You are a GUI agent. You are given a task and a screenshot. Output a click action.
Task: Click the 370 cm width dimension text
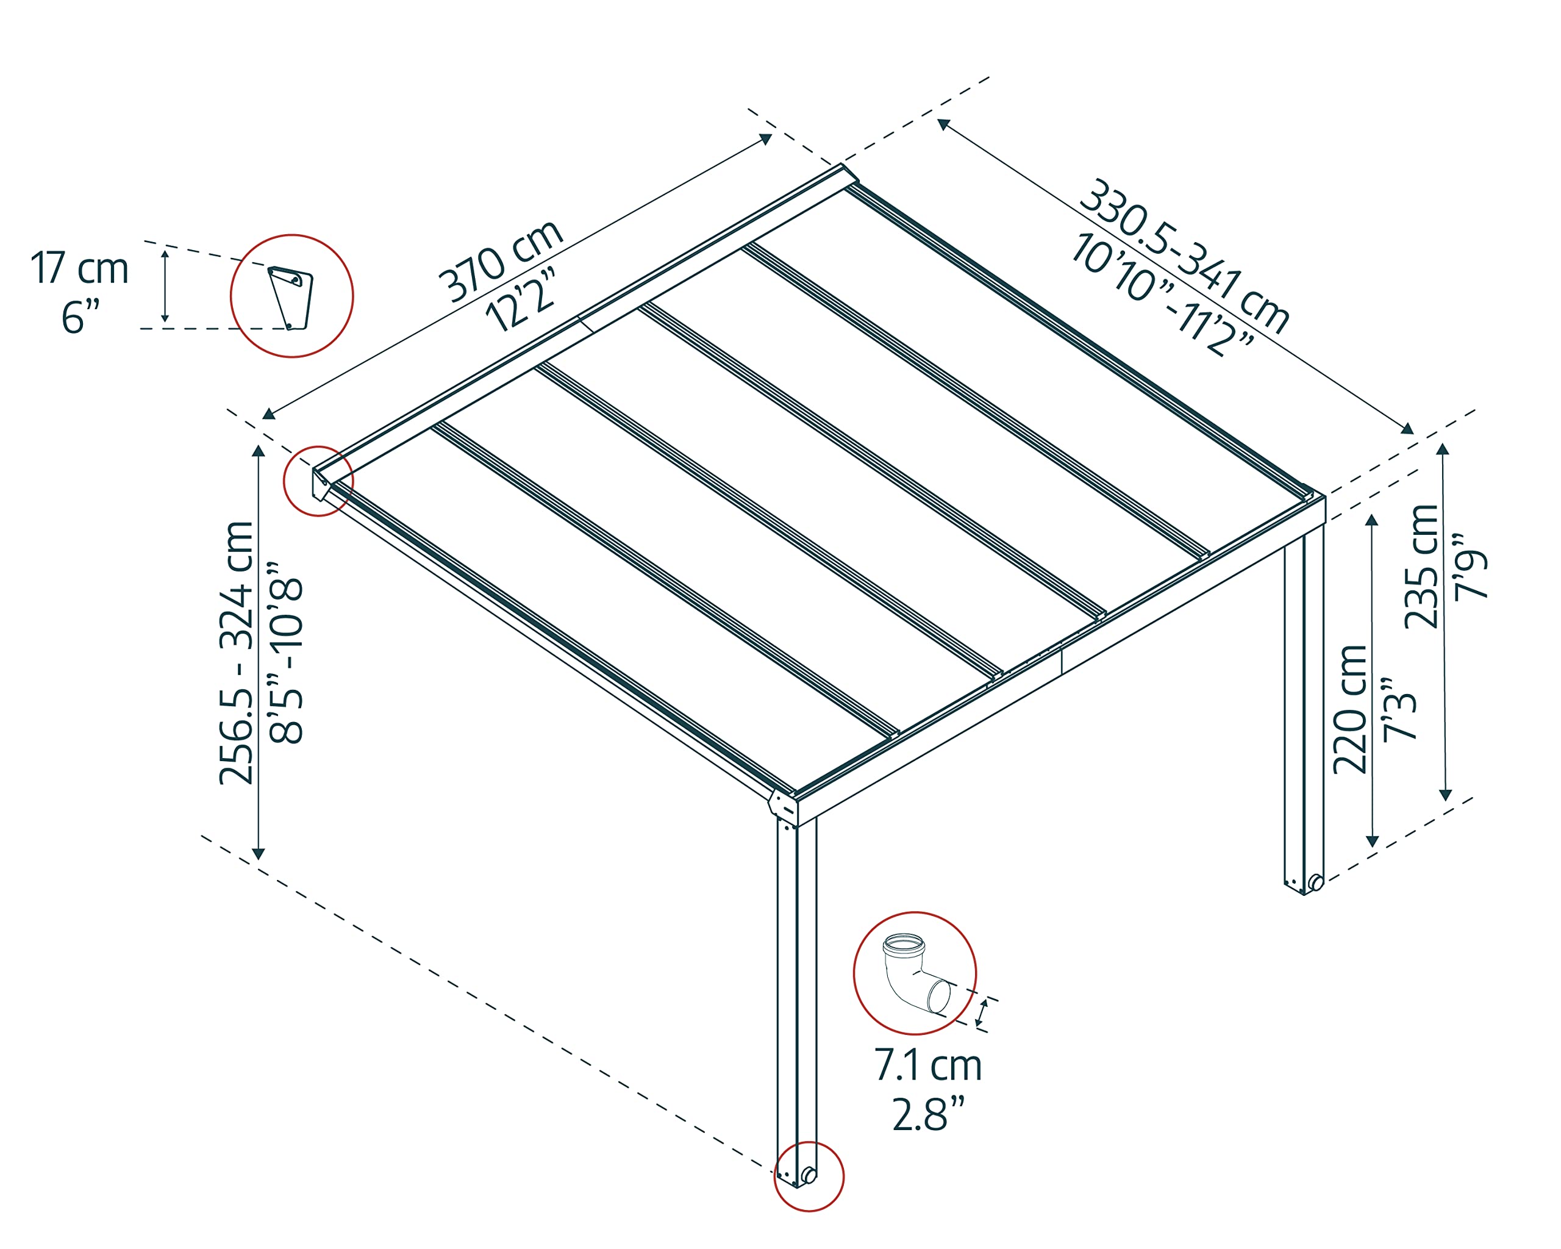[501, 260]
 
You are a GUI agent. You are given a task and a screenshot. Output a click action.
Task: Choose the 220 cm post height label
[1350, 710]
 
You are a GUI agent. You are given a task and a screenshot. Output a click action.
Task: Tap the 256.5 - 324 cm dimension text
[236, 653]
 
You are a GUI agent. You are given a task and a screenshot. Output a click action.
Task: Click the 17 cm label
[80, 268]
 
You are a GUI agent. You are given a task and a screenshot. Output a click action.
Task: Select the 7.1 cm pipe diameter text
[927, 1065]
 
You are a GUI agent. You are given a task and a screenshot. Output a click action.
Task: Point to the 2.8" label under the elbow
[929, 1114]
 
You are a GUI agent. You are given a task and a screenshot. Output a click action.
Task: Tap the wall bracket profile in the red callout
[290, 298]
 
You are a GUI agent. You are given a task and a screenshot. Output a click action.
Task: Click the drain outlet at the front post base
[808, 1176]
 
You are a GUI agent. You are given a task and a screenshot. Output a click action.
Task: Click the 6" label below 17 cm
[80, 318]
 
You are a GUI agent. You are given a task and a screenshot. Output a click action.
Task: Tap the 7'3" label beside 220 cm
[1399, 710]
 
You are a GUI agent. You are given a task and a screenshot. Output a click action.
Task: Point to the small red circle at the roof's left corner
[318, 482]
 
